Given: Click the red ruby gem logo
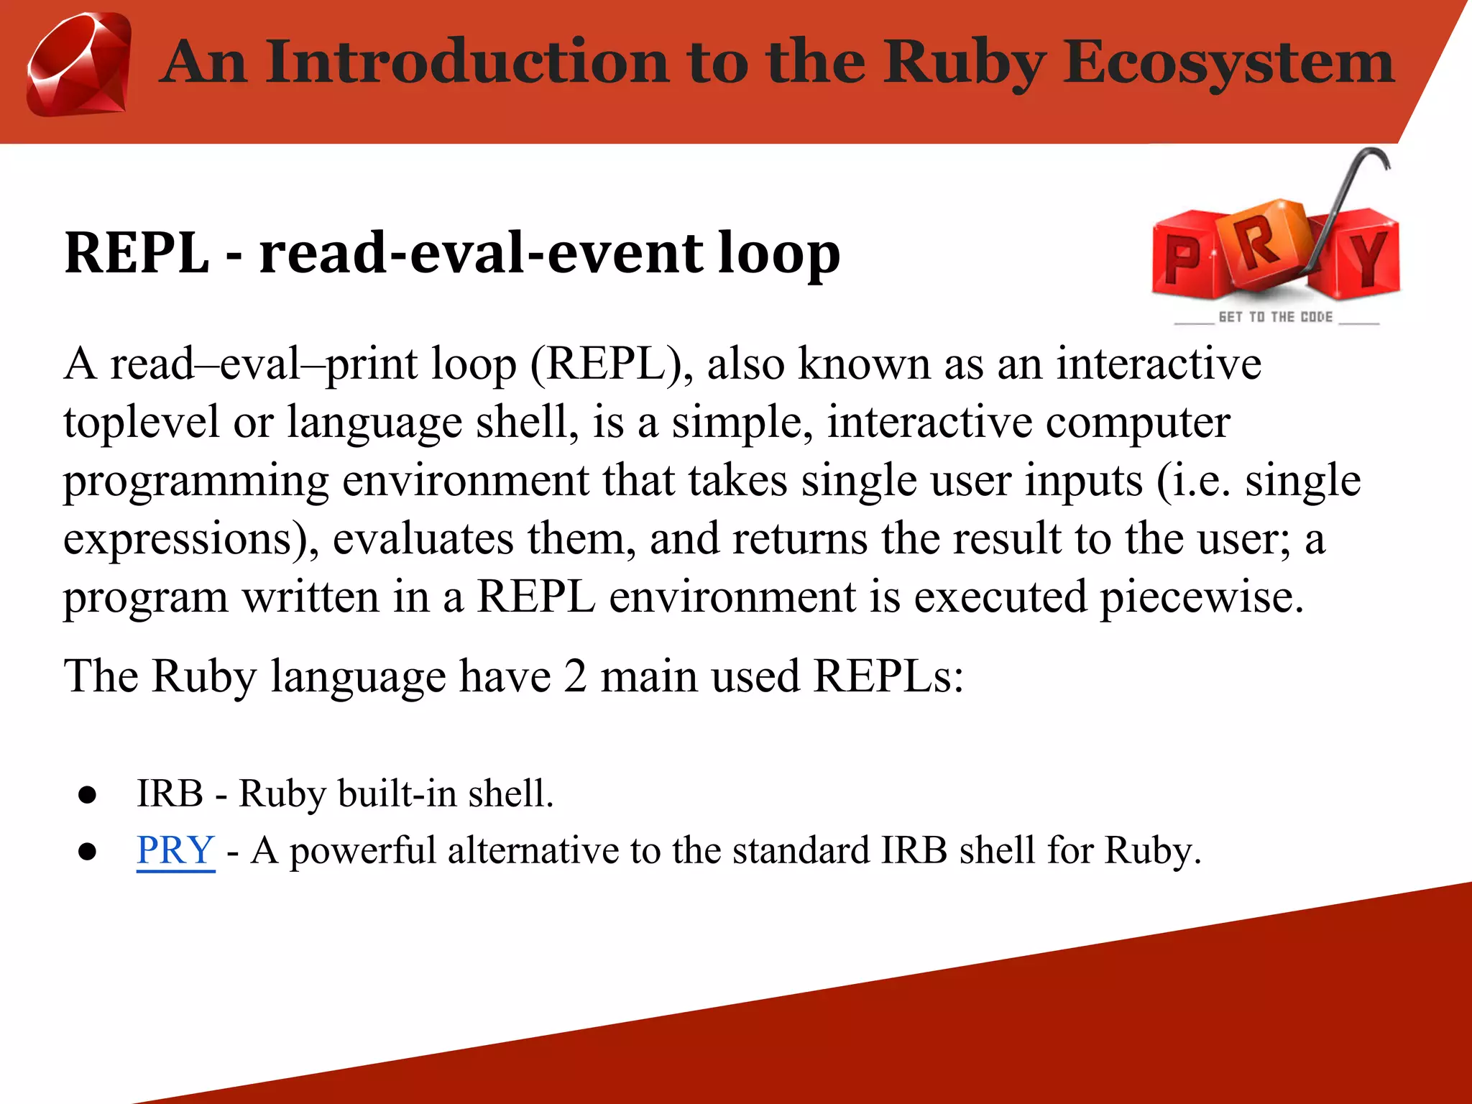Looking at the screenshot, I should [79, 65].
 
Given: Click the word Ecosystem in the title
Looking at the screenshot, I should [1228, 63].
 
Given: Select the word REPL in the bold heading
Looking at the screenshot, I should [137, 253].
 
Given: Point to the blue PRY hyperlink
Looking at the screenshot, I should [175, 850].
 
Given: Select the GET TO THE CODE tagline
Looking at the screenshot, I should [1276, 317].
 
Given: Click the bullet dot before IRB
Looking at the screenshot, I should [88, 794].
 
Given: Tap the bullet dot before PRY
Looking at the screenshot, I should [88, 852].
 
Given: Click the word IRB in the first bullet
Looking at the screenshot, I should [170, 794].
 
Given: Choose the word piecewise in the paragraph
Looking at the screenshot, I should [1201, 597].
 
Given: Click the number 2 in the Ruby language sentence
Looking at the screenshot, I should [574, 676].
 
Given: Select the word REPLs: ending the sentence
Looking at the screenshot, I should [888, 676].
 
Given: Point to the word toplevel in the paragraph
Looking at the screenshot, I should [141, 422].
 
